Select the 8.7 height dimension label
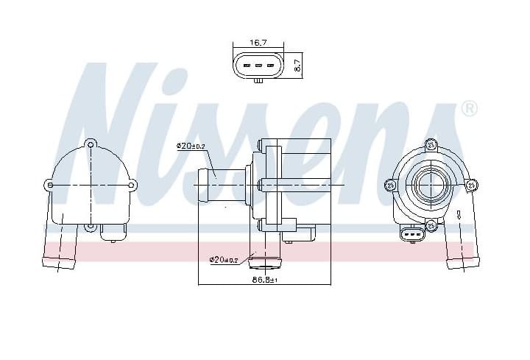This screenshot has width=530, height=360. pos(297,65)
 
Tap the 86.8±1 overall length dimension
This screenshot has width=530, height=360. pos(264,280)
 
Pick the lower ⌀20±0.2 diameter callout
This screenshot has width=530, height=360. pos(224,259)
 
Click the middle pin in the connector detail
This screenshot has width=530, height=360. pos(258,66)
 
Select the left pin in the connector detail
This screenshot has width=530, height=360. pos(247,66)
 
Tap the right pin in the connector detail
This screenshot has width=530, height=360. pos(270,66)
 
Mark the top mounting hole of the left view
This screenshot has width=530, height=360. pos(90,143)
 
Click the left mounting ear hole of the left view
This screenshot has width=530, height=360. pos(49,185)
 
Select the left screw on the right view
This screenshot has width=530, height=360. pos(390,184)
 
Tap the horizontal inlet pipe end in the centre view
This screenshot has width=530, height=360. pos(202,185)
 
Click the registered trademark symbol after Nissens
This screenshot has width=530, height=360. pos(468,109)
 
